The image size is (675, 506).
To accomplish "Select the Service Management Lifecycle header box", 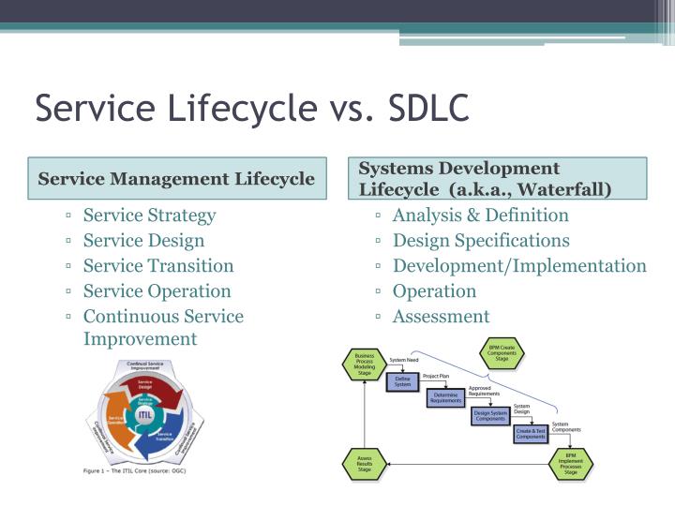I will (176, 178).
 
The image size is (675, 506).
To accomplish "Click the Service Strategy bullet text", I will (149, 215).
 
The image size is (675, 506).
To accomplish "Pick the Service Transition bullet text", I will (158, 265).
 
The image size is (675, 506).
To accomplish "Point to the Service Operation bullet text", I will (157, 290).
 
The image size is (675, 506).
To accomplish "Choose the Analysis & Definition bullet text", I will (480, 215).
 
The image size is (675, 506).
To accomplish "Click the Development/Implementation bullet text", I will (519, 265).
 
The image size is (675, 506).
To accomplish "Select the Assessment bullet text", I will (441, 316).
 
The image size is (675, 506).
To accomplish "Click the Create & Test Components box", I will (531, 433).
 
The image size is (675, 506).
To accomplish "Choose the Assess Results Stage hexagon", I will (365, 463).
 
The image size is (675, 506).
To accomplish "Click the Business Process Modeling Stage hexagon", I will (365, 362).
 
